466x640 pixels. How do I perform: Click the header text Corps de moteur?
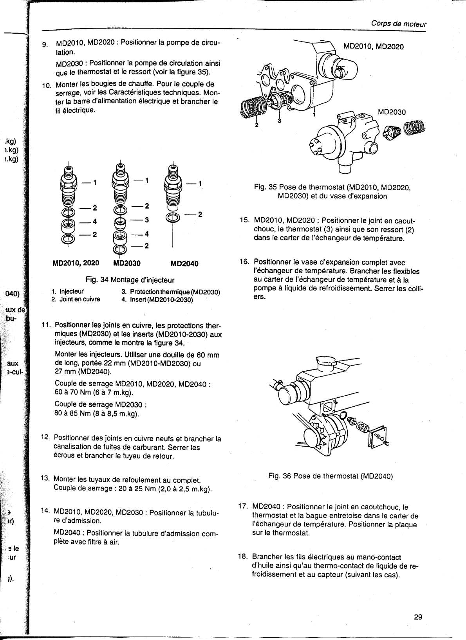point(399,24)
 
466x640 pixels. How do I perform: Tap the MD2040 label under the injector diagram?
point(184,263)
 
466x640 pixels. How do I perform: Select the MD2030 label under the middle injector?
point(127,263)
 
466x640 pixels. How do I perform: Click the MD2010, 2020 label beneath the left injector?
point(76,263)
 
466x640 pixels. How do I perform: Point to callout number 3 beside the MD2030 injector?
point(146,220)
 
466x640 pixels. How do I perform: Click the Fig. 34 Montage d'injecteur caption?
point(130,280)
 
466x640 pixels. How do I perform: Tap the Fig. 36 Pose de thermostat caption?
point(330,476)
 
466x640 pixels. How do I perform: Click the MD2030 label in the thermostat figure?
point(392,112)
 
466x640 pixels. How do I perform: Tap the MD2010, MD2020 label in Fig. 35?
point(373,47)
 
